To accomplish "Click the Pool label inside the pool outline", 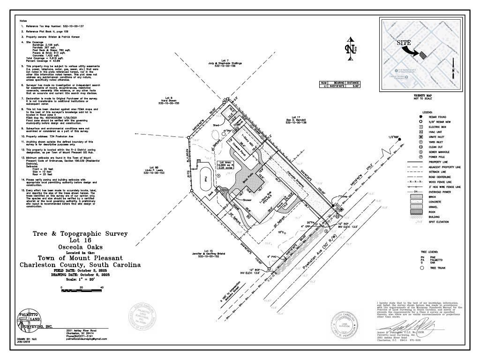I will [x=205, y=178].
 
